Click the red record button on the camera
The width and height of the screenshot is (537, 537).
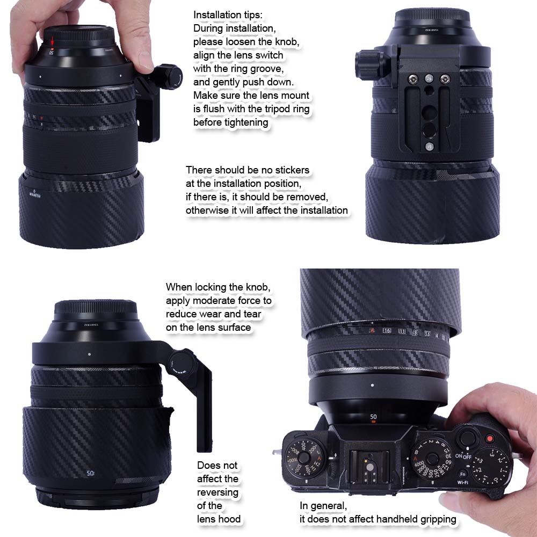(490, 438)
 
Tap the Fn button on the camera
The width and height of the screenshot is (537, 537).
(462, 474)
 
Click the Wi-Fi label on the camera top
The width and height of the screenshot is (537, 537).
(462, 483)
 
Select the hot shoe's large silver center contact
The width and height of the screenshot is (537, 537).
(369, 467)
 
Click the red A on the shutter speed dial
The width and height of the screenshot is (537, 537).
(416, 458)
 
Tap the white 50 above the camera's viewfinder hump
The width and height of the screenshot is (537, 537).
(373, 417)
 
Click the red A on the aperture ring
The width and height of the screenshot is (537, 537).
(372, 330)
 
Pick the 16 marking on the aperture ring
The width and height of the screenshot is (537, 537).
(387, 330)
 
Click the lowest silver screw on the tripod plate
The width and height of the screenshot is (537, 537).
(429, 147)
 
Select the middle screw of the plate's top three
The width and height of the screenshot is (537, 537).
(429, 78)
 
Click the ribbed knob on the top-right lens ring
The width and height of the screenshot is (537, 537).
(370, 64)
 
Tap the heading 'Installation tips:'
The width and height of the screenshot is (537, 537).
(228, 15)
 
